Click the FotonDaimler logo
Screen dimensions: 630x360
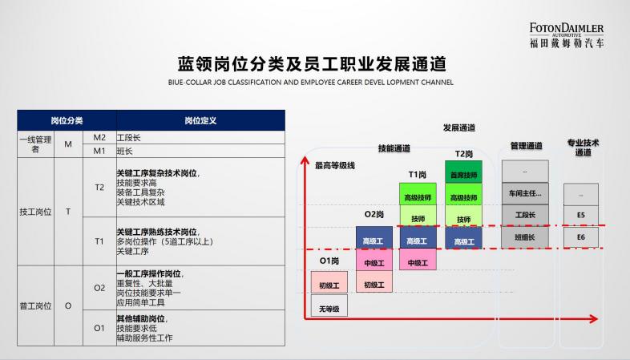tap(567, 35)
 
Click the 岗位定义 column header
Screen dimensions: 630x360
tap(200, 120)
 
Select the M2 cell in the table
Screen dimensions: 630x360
tap(99, 137)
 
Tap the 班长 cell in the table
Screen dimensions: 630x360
tap(200, 151)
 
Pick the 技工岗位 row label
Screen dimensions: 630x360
tap(35, 212)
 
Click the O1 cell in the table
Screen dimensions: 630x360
tap(99, 328)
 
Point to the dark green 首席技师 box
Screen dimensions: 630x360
tap(463, 172)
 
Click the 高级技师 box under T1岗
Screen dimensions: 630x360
tap(418, 195)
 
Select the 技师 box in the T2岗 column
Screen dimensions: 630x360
tap(463, 216)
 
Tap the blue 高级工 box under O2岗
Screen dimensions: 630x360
tap(374, 238)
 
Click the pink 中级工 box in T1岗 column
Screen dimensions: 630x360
tap(418, 260)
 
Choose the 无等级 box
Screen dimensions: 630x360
tap(329, 305)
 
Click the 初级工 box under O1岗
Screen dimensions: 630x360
tap(329, 282)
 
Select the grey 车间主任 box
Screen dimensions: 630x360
tap(525, 193)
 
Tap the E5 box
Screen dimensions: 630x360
tap(581, 216)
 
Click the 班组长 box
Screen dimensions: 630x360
tap(525, 237)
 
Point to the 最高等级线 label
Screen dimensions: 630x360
tap(335, 165)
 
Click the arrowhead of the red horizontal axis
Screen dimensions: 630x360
tap(594, 319)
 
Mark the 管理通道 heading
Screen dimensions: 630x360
tap(527, 146)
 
